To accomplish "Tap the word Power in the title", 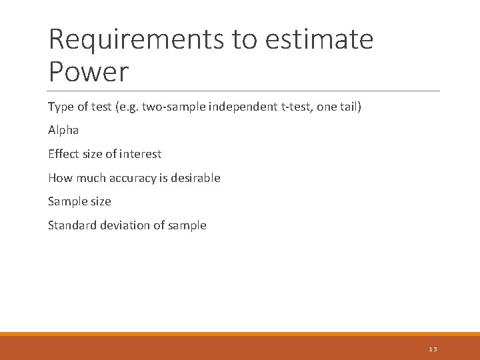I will coord(89,71).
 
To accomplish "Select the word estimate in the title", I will coord(319,39).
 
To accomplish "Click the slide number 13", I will coord(433,349).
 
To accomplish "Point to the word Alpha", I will coord(63,130).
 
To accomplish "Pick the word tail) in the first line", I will coord(349,107).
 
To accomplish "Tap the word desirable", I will coord(196,178).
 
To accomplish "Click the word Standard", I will coord(72,225).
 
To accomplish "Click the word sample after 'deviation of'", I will coord(188,225).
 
